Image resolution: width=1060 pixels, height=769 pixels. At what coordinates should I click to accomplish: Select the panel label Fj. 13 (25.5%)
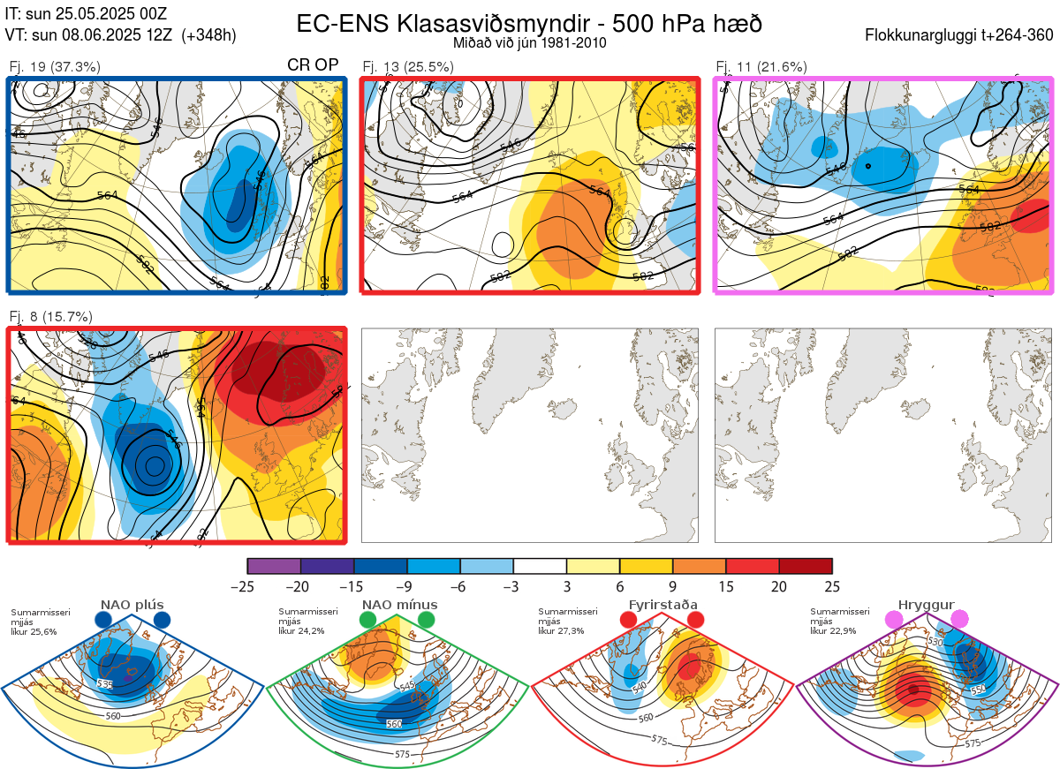point(408,66)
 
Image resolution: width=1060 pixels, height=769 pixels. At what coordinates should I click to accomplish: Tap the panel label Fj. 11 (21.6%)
point(761,66)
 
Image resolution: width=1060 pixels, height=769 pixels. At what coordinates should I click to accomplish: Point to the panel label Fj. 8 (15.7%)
point(51,317)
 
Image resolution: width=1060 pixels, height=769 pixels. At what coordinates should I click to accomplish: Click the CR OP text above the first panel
point(313,65)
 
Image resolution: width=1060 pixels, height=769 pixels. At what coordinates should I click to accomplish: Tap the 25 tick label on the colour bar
point(831,586)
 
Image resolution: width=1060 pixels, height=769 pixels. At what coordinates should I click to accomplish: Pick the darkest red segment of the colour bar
point(806,566)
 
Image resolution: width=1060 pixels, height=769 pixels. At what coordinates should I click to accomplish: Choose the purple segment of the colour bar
point(274,566)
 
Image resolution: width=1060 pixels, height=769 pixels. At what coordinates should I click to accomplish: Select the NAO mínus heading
point(399,605)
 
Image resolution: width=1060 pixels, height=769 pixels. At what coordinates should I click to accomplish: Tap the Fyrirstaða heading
point(662,605)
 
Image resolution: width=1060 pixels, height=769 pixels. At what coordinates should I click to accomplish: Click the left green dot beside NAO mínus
point(367,620)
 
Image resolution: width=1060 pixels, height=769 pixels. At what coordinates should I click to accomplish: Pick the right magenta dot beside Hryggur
point(959,620)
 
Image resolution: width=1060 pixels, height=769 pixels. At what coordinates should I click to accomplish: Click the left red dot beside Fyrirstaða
point(629,620)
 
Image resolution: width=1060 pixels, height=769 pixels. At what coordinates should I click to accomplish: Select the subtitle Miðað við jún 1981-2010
point(529,42)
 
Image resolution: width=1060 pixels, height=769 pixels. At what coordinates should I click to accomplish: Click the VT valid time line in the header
point(120,35)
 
